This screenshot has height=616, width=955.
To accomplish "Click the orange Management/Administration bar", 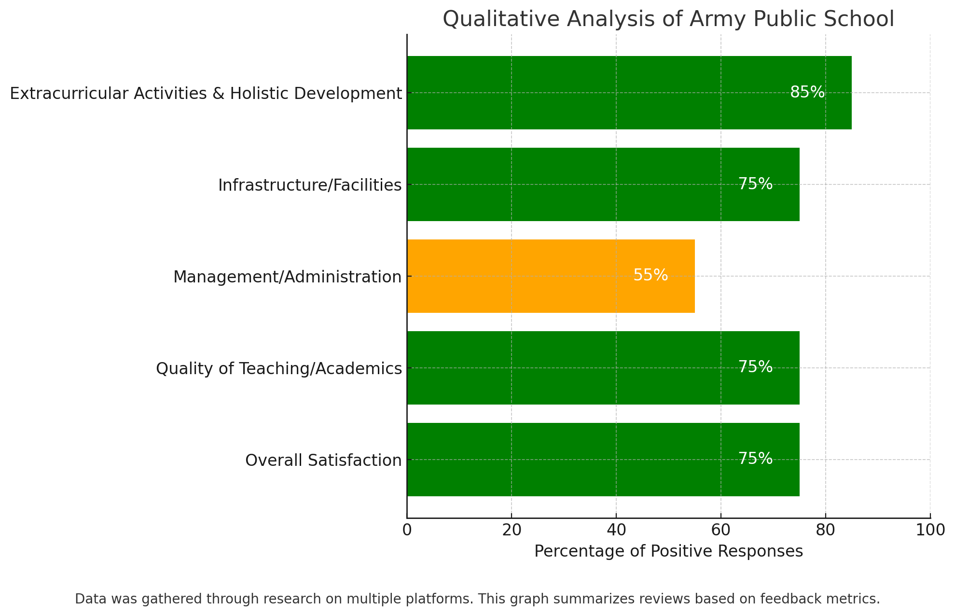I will (550, 276).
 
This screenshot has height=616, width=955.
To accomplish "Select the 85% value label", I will (807, 92).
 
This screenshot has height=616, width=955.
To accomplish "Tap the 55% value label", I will (650, 275).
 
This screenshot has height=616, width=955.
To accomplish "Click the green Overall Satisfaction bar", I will (603, 460).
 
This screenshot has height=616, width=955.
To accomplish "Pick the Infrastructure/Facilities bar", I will (603, 184).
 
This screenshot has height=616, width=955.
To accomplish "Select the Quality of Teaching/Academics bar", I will (603, 368).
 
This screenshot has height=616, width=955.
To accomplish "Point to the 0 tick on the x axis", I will (407, 530).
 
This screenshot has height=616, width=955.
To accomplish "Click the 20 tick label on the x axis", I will (512, 530).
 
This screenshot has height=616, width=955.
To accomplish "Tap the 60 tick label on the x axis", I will (720, 530).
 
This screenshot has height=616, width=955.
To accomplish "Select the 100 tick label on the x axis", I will (930, 530).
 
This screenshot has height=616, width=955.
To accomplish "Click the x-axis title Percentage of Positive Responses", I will (668, 551).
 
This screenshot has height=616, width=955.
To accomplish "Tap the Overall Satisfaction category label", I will (323, 460).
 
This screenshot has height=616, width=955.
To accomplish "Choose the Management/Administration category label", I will (287, 277).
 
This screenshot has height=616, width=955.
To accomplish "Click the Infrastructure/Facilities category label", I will (309, 185).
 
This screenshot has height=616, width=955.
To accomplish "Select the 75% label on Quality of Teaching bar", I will (755, 367).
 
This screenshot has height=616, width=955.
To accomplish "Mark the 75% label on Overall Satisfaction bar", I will (755, 459).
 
